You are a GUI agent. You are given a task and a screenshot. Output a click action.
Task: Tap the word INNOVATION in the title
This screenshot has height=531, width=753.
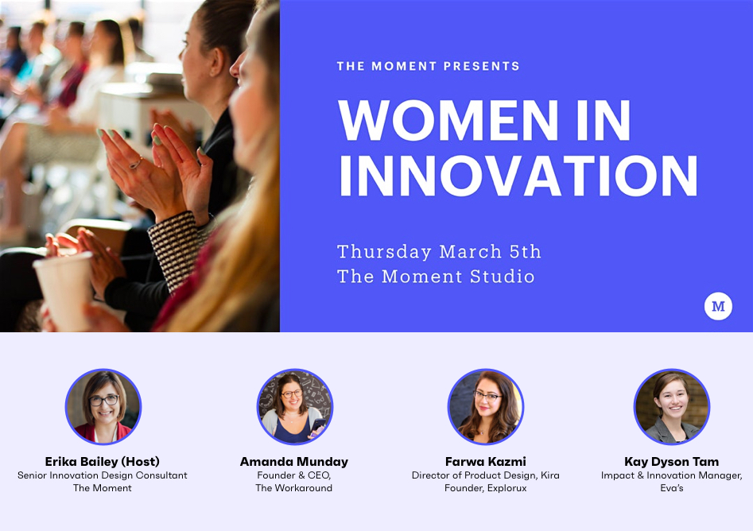(x=518, y=176)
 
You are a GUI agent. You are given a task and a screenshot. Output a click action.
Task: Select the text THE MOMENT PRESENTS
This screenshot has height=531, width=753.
(x=428, y=66)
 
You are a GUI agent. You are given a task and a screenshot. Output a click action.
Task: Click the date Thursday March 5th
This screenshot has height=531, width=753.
(x=439, y=252)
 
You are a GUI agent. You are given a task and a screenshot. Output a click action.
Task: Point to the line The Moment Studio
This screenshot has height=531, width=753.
(x=436, y=277)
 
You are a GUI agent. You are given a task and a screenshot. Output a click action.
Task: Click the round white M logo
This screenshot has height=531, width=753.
(x=718, y=306)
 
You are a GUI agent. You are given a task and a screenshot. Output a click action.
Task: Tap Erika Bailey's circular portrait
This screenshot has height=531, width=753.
(x=103, y=407)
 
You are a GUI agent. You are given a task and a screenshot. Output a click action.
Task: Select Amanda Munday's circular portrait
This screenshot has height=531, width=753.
(x=294, y=407)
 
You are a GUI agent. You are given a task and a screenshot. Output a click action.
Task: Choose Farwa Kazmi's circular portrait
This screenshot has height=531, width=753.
(x=485, y=407)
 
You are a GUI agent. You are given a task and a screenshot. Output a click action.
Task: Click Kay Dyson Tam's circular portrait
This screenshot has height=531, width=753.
(x=671, y=407)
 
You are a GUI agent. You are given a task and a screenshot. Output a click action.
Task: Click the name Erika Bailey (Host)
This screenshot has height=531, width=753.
(x=103, y=461)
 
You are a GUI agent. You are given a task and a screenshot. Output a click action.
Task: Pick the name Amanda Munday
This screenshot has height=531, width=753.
(x=294, y=461)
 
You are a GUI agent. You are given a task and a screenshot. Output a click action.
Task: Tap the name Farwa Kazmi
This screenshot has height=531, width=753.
(x=485, y=461)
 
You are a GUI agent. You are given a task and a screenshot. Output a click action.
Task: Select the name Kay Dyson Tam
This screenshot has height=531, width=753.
(x=671, y=461)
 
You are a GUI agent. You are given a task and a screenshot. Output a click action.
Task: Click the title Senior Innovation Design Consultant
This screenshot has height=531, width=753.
(x=103, y=475)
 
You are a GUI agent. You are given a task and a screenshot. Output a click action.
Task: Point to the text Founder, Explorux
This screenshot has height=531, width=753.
(x=485, y=488)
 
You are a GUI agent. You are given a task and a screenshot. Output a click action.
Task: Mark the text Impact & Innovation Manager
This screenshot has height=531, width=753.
(x=671, y=475)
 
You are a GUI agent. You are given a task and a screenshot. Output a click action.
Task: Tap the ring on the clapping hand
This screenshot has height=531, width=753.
(x=137, y=164)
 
